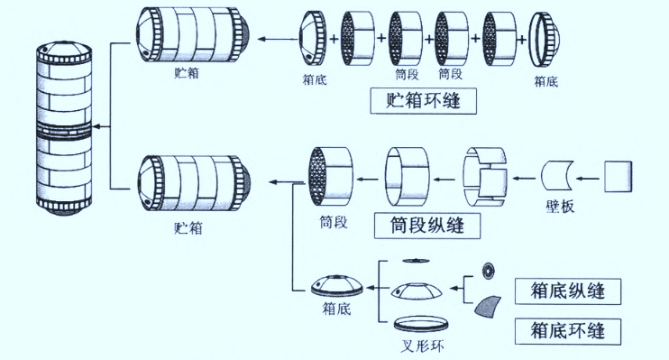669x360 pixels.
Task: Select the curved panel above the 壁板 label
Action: [560, 175]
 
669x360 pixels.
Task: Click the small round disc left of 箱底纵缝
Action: [490, 270]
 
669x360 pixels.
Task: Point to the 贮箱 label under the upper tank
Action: [186, 76]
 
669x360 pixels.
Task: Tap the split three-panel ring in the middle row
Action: [488, 174]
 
